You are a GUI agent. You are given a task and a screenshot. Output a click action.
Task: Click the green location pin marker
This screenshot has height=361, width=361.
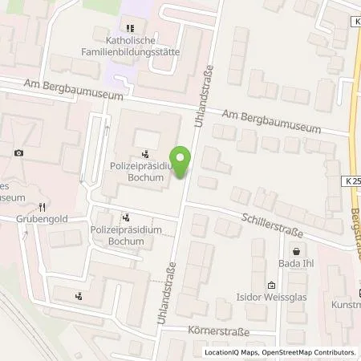click(182, 162)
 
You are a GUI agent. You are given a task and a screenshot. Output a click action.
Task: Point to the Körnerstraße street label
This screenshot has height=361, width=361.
click(221, 331)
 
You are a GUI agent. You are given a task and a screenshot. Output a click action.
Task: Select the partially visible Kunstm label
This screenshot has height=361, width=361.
click(346, 306)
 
